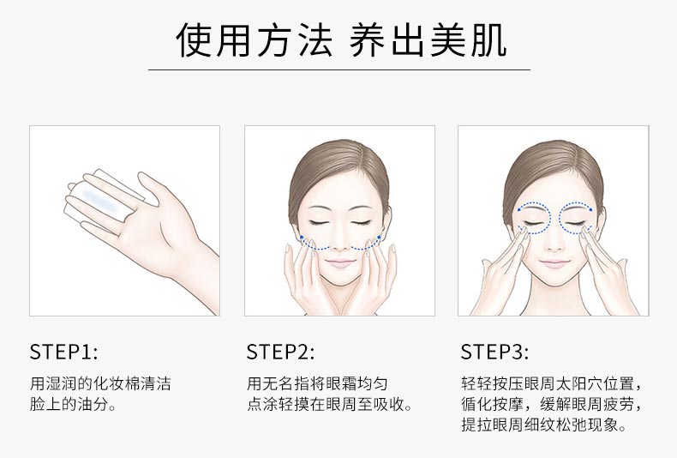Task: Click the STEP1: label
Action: (64, 352)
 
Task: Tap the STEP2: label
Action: (281, 352)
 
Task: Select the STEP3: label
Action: (495, 352)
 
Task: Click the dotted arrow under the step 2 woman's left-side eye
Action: (315, 243)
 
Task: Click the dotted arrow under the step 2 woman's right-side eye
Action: (366, 243)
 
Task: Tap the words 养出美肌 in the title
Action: (428, 39)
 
